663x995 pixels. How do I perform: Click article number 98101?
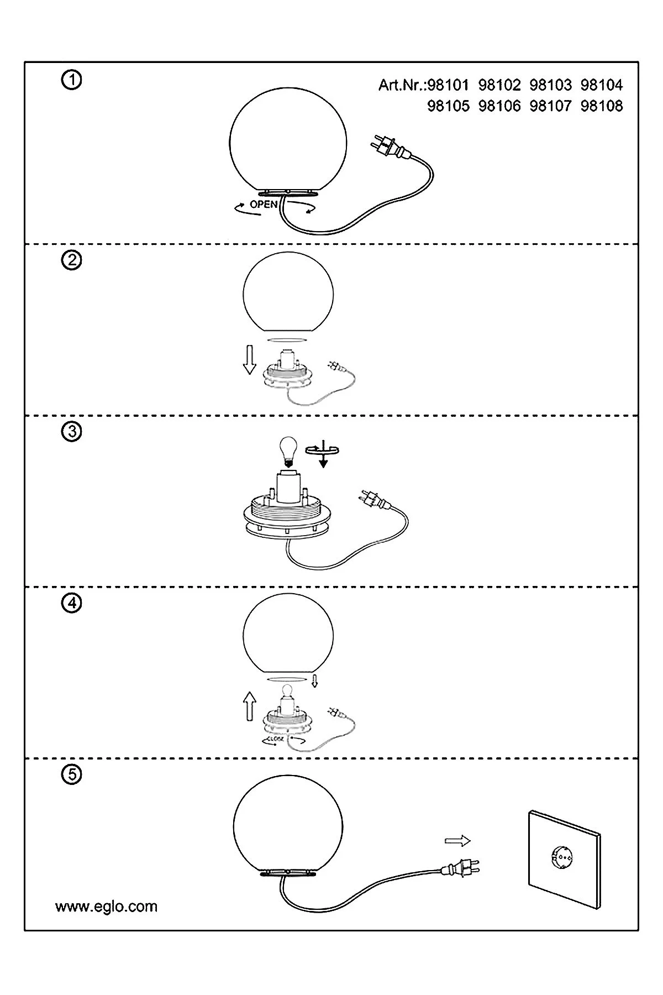pyautogui.click(x=449, y=85)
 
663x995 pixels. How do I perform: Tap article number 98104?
pyautogui.click(x=602, y=85)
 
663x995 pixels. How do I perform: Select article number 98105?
pyautogui.click(x=449, y=106)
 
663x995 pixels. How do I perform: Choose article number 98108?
pyautogui.click(x=602, y=106)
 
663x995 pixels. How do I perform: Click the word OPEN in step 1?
pyautogui.click(x=264, y=205)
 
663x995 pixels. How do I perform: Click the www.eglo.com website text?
pyautogui.click(x=106, y=907)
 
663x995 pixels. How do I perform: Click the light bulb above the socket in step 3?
pyautogui.click(x=287, y=450)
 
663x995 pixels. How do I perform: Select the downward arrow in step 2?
pyautogui.click(x=250, y=359)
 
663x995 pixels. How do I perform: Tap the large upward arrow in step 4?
pyautogui.click(x=250, y=706)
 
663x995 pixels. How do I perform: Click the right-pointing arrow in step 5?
pyautogui.click(x=457, y=841)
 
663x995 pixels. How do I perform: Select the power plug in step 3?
pyautogui.click(x=374, y=499)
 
